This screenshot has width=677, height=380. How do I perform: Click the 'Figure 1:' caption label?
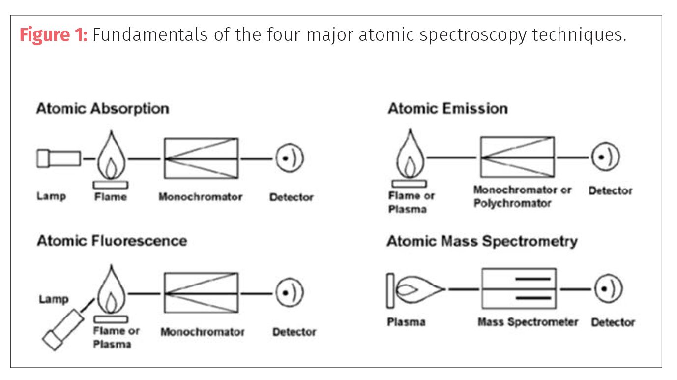tap(53, 36)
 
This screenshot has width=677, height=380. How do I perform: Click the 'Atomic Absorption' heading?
tap(102, 108)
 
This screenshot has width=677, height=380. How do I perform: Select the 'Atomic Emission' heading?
tap(447, 108)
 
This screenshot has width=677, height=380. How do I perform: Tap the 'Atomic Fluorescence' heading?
tap(112, 241)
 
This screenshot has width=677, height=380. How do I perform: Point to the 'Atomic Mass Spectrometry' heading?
tap(482, 241)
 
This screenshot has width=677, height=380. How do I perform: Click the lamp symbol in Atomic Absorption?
tap(59, 158)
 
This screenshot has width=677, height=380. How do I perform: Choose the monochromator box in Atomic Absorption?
tap(201, 158)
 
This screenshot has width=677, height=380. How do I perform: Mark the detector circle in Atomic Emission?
tap(605, 157)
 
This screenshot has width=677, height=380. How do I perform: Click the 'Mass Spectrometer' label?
tap(528, 322)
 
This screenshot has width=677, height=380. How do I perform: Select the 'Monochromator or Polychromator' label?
tap(522, 196)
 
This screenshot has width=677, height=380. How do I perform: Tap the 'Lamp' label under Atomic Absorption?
tap(51, 196)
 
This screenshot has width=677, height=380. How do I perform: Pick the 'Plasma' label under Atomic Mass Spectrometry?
tap(406, 322)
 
